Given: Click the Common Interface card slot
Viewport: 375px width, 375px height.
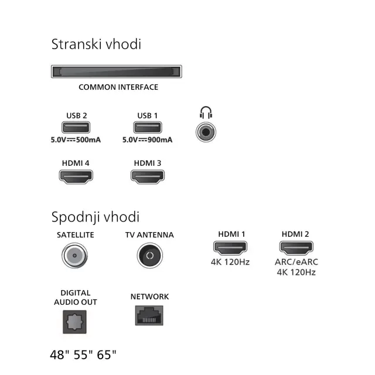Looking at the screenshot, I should point(117,72).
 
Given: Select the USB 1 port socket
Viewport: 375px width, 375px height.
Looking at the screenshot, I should point(147,128).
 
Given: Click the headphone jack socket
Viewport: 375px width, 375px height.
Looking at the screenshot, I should point(206,132).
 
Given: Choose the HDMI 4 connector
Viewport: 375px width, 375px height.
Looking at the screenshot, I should point(76,176).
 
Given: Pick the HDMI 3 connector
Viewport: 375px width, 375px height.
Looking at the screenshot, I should point(147,176).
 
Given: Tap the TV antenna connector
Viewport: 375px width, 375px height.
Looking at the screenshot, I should point(149,257).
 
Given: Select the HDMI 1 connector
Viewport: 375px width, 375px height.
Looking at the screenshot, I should point(230,248).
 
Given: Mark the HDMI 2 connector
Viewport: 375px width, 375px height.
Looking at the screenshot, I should point(295,248).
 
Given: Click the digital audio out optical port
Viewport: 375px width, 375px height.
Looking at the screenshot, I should point(75,321).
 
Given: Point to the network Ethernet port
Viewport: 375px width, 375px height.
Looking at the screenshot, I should point(149,316).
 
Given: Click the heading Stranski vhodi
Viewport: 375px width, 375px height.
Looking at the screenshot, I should point(96,44).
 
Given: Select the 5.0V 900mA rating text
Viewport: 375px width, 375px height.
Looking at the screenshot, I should point(147,140).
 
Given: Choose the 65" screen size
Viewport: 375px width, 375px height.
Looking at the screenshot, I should point(106,354).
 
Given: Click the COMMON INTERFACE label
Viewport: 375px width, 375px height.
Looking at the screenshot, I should point(118,87).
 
